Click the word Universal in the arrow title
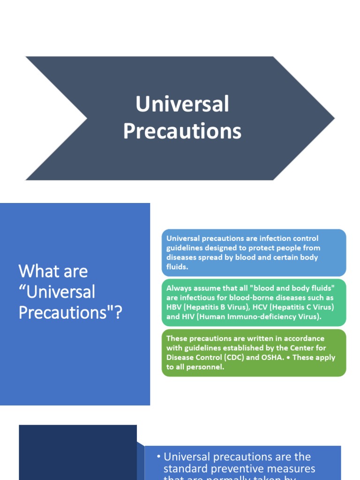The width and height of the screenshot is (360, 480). tap(182, 104)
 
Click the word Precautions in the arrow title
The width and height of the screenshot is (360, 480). tap(182, 131)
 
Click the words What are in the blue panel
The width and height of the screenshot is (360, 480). tap(53, 271)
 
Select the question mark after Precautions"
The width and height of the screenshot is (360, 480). tap(117, 312)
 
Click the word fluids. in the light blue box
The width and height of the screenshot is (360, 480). tap(177, 266)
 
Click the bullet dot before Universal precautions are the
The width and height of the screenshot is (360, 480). tap(159, 457)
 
